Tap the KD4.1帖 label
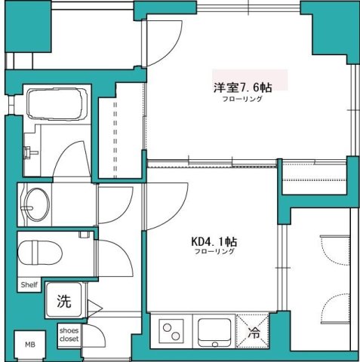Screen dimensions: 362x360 214,241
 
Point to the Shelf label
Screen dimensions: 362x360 29,285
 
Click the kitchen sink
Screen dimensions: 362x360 215,330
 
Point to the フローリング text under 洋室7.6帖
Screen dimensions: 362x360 242,100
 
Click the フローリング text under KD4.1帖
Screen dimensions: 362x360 214,253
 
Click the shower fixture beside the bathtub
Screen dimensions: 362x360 28,150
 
